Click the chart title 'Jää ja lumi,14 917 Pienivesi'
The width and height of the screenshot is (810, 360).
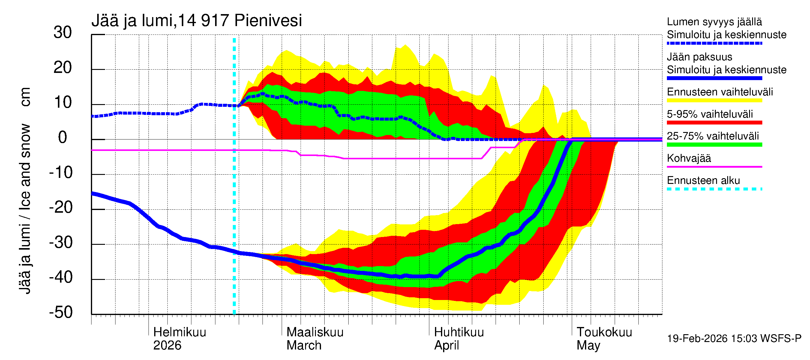(x=196, y=21)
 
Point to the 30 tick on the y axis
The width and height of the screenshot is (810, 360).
(x=63, y=33)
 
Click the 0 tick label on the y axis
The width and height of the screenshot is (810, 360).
(x=63, y=138)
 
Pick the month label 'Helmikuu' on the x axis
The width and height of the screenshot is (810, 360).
(x=179, y=332)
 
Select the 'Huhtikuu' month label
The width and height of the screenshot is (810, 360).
(x=459, y=332)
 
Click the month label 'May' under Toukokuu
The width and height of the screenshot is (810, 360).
(x=588, y=346)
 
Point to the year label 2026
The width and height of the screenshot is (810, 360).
(x=167, y=346)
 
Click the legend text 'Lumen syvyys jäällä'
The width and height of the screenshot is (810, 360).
(x=714, y=22)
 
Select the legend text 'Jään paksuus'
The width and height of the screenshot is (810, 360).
(x=699, y=57)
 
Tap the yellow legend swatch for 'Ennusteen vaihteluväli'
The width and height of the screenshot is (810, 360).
(x=714, y=100)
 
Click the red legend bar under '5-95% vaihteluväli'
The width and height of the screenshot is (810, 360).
(x=714, y=123)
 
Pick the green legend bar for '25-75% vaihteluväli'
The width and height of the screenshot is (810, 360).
(x=714, y=145)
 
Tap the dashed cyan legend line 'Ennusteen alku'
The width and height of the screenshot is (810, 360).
(x=714, y=189)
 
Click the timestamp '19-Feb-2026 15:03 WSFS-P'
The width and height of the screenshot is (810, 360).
(x=734, y=339)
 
